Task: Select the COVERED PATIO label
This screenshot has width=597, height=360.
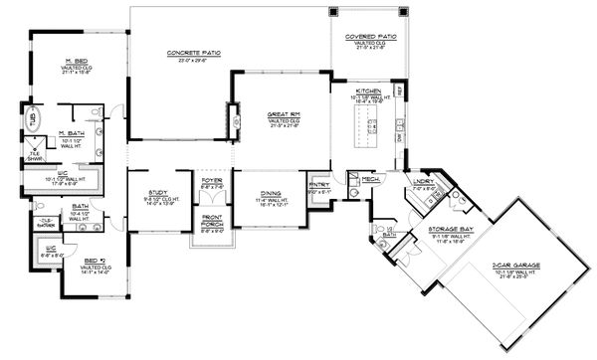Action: [371, 37]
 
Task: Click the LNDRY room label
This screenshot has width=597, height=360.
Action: [423, 181]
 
